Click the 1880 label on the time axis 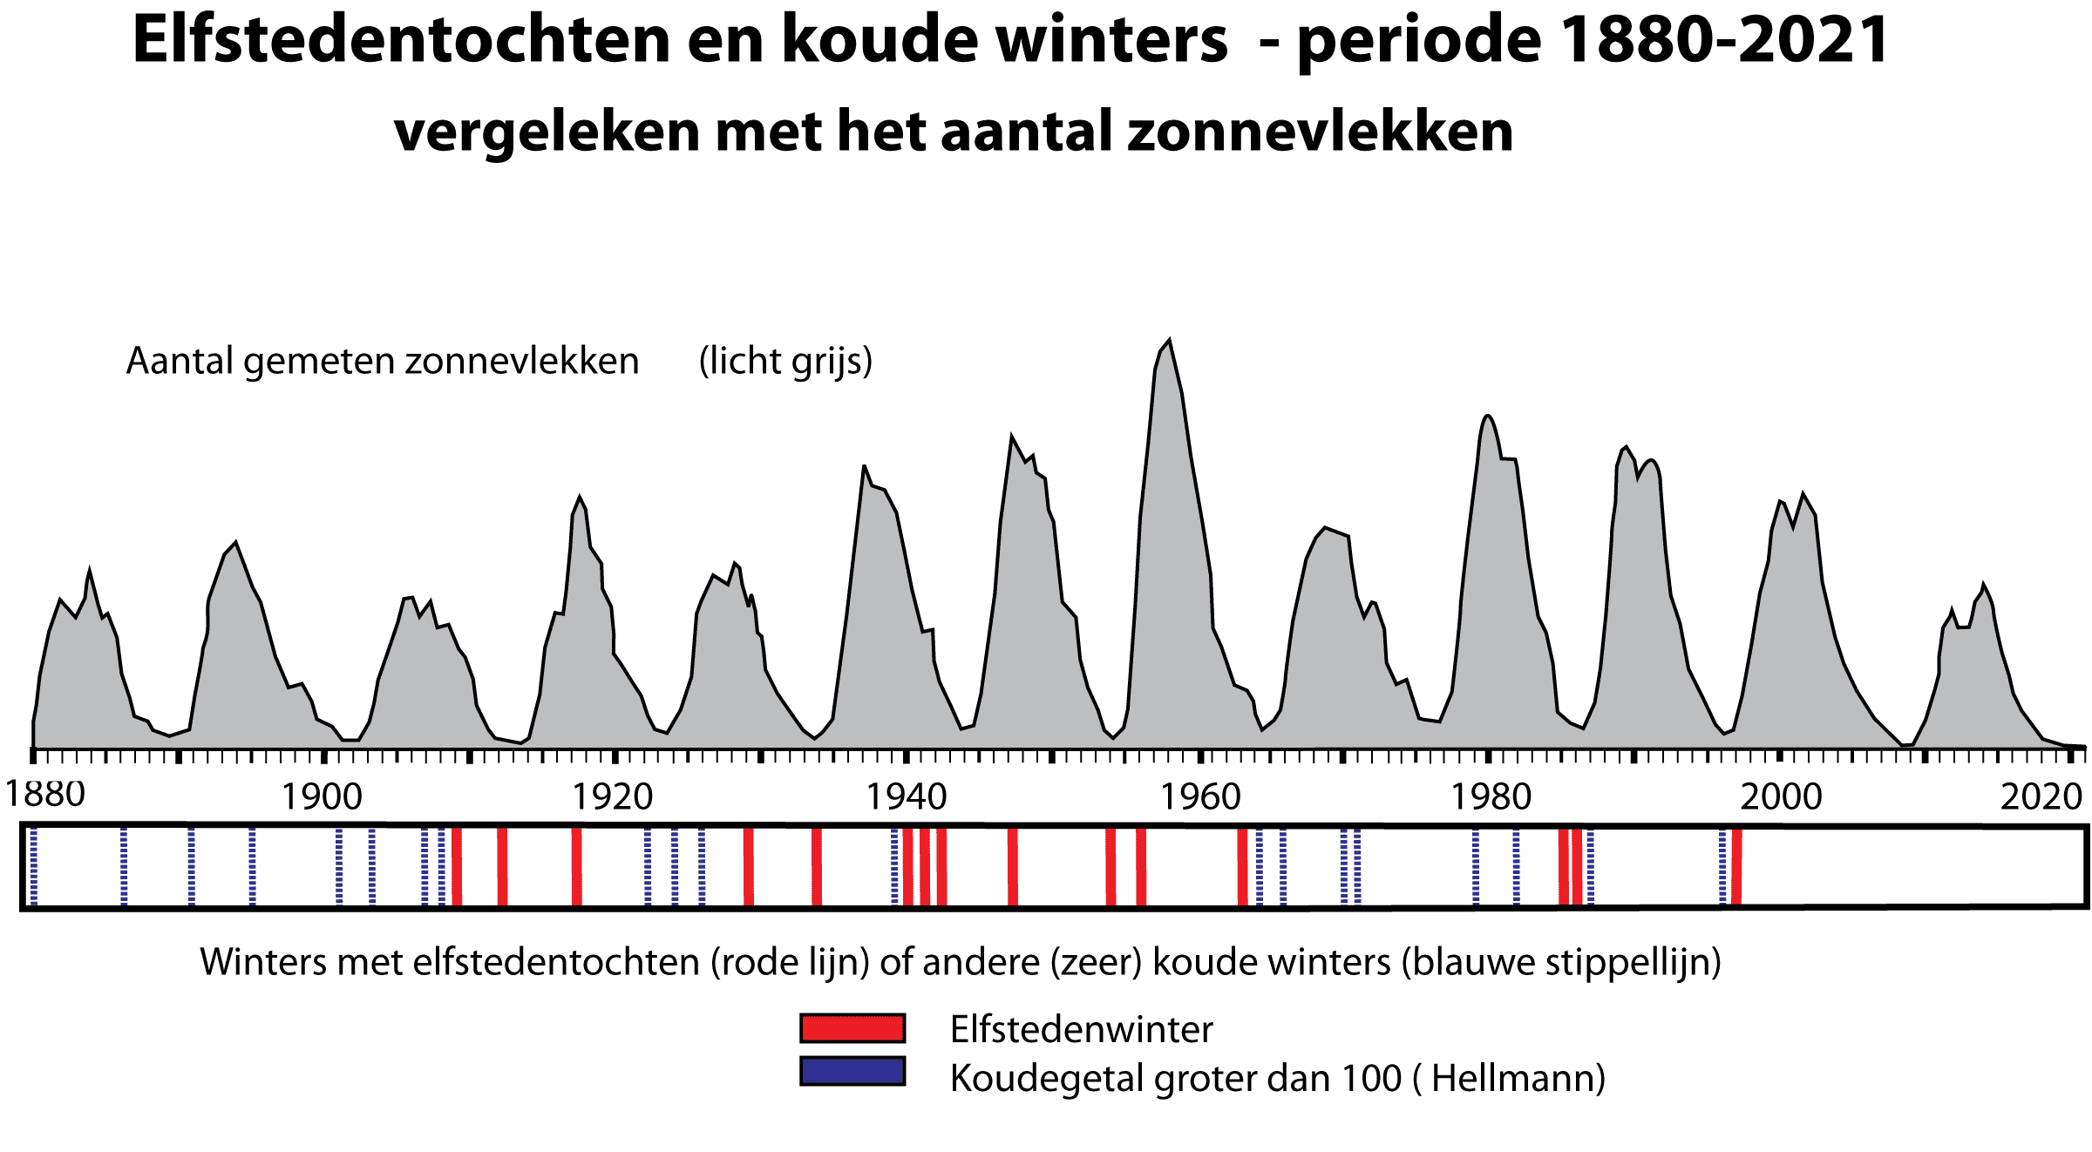[45, 795]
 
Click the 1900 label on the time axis [322, 797]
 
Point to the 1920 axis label [613, 797]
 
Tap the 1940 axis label [906, 797]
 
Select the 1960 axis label [1199, 797]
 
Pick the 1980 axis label [1491, 797]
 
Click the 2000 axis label [1782, 797]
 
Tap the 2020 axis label [2041, 797]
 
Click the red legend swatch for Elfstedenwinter [852, 1028]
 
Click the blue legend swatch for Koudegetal [852, 1071]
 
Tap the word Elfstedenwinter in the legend [1081, 1030]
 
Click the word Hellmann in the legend [1515, 1079]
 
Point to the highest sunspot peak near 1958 [1168, 342]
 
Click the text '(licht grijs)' [785, 362]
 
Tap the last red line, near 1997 [1736, 867]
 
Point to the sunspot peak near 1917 [579, 498]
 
